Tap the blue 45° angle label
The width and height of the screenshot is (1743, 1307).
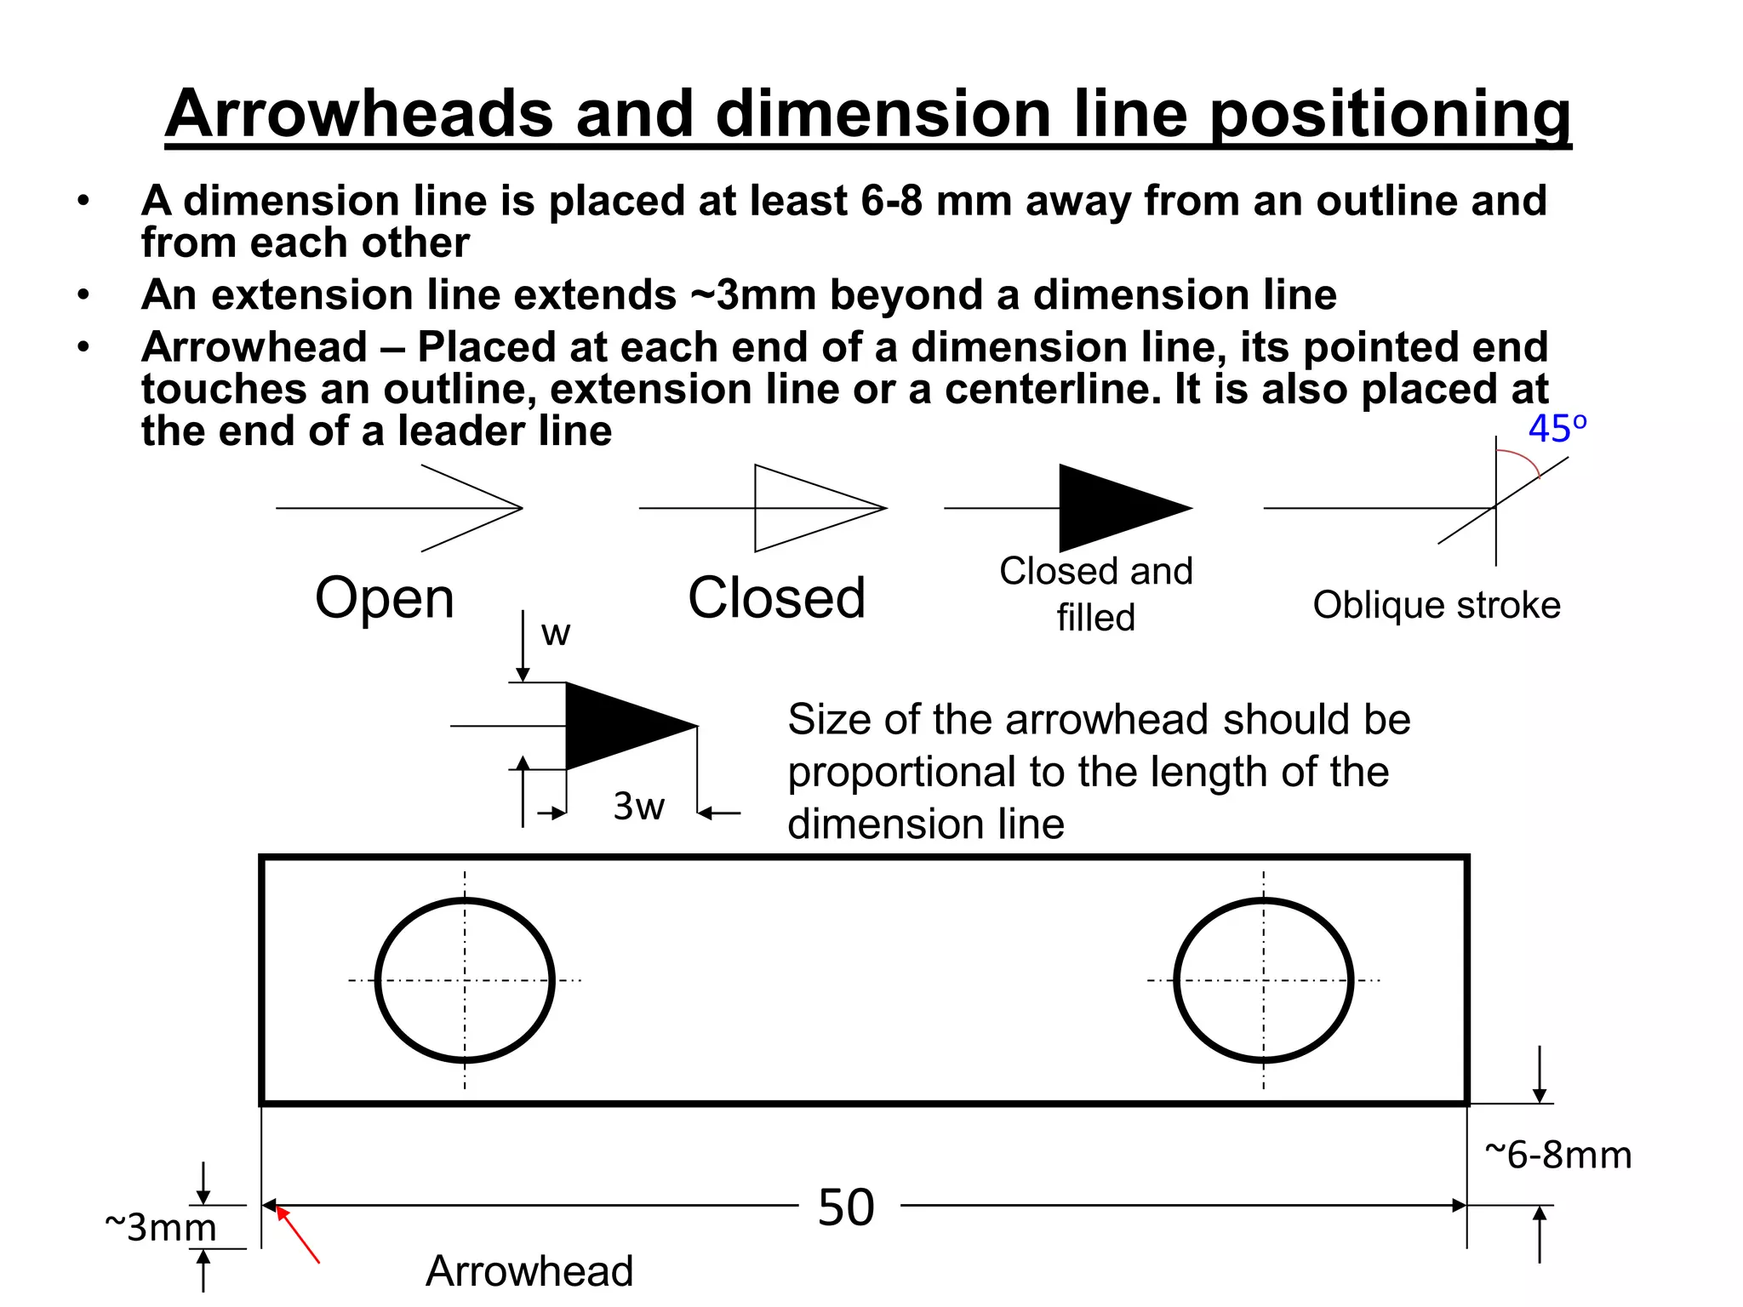pyautogui.click(x=1557, y=428)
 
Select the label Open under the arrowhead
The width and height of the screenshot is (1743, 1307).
pyautogui.click(x=385, y=597)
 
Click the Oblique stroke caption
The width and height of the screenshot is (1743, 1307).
pyautogui.click(x=1437, y=605)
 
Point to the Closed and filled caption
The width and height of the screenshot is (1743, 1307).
pyautogui.click(x=1096, y=593)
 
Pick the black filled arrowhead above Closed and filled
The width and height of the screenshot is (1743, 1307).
pyautogui.click(x=1115, y=508)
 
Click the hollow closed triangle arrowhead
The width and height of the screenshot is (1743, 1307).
pyautogui.click(x=809, y=508)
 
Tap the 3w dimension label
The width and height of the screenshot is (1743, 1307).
pyautogui.click(x=638, y=806)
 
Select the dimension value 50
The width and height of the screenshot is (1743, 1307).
pyautogui.click(x=846, y=1207)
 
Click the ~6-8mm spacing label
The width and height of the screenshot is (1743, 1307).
pyautogui.click(x=1557, y=1155)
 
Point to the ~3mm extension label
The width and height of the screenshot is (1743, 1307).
pyautogui.click(x=160, y=1227)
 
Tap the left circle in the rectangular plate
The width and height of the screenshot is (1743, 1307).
pyautogui.click(x=465, y=980)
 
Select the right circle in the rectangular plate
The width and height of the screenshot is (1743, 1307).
pyautogui.click(x=1263, y=980)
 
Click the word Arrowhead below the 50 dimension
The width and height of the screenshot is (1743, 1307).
pyautogui.click(x=529, y=1270)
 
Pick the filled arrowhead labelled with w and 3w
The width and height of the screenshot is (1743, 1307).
pyautogui.click(x=621, y=726)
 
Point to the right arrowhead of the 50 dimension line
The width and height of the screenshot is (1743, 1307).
pyautogui.click(x=1458, y=1205)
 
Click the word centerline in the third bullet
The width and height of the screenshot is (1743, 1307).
pyautogui.click(x=1052, y=389)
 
